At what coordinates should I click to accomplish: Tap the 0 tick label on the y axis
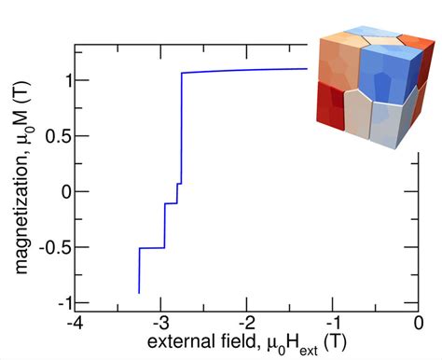(x=59, y=191)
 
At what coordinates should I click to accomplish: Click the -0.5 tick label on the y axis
(x=49, y=247)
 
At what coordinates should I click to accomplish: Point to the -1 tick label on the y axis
(x=55, y=303)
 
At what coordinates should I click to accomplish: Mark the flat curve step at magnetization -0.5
(x=151, y=247)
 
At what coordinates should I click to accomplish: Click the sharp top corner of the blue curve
(x=182, y=73)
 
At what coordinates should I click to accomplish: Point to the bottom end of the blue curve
(x=139, y=293)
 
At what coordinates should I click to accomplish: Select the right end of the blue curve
(x=307, y=68)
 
